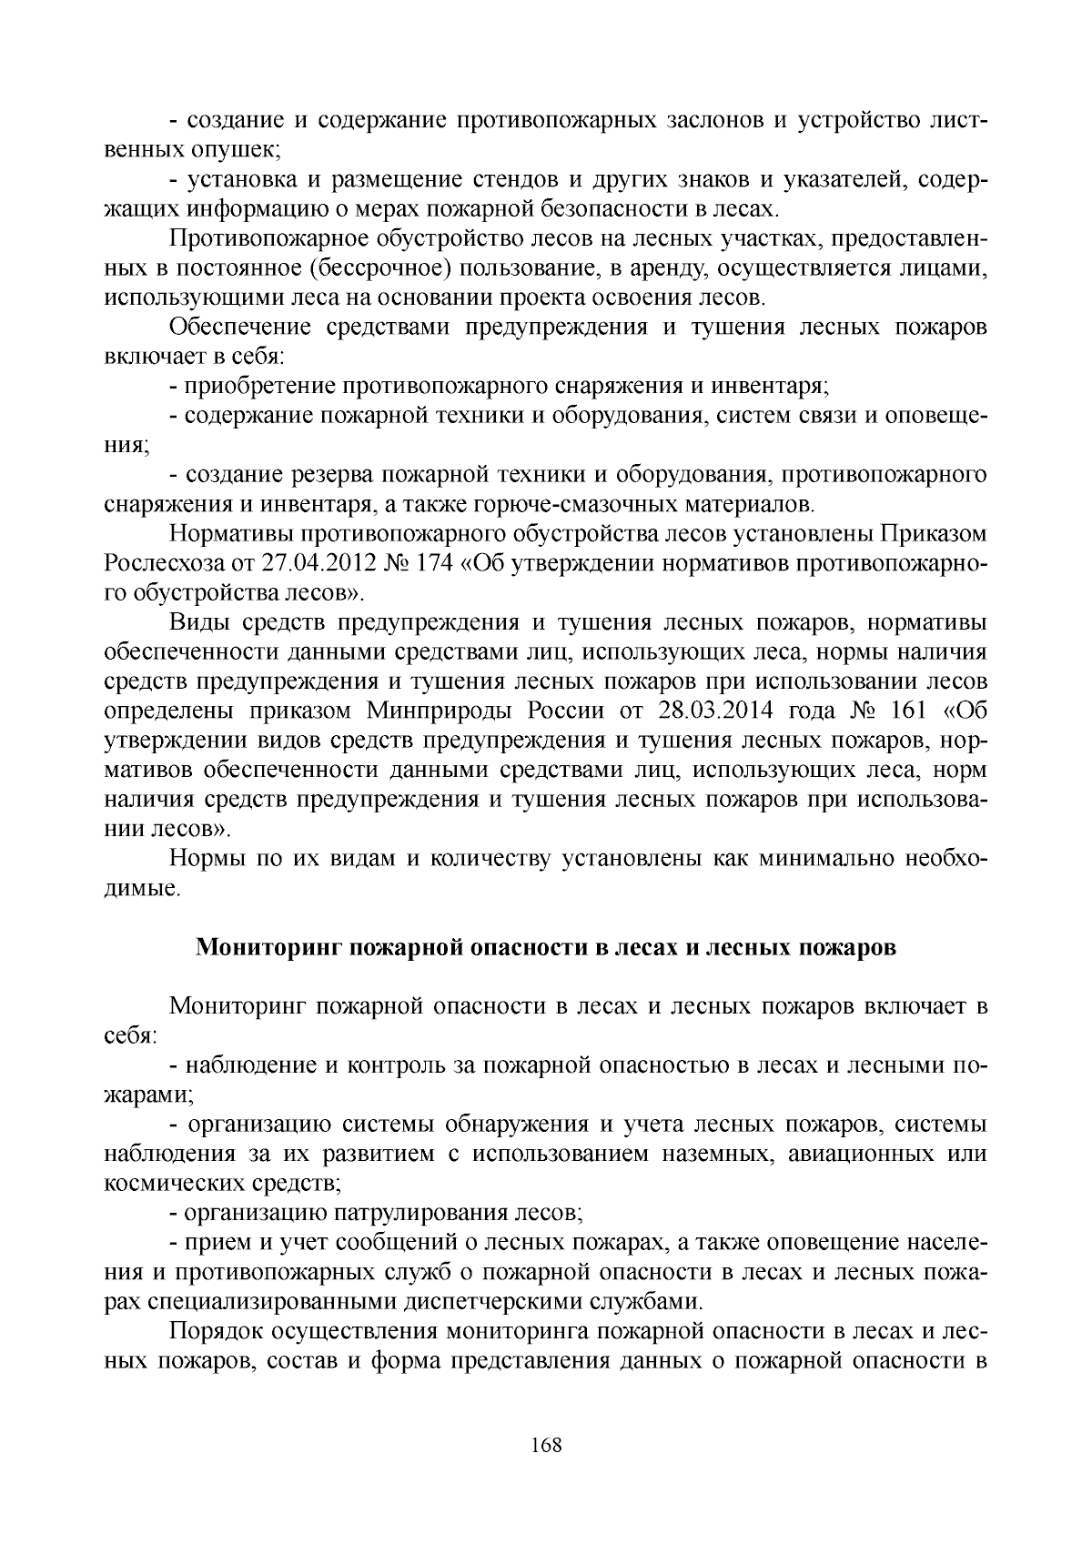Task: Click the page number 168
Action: coord(546,1445)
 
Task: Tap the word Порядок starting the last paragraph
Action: coord(215,1332)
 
